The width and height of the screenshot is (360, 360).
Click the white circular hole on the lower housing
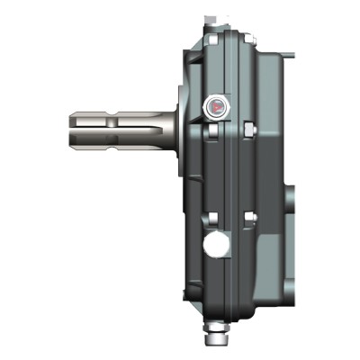tap(215, 244)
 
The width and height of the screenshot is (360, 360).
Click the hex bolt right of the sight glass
tap(246, 131)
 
